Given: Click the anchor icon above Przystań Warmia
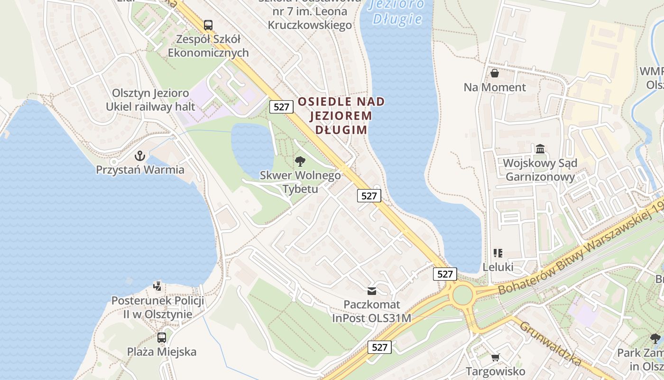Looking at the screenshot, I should (140, 155).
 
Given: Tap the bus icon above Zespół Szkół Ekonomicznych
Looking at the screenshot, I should (208, 25).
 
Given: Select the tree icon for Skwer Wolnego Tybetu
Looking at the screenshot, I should (300, 161).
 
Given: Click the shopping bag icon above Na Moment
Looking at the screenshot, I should (495, 73).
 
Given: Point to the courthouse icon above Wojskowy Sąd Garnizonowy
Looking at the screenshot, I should (540, 149).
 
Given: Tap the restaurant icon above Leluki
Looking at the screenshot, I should (498, 253).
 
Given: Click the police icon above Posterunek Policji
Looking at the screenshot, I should (157, 286).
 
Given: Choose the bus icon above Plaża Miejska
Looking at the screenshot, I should (162, 338).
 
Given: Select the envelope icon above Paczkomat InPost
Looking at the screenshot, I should (372, 291).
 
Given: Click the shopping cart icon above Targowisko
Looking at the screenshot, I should (495, 357).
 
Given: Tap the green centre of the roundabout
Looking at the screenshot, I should (462, 295).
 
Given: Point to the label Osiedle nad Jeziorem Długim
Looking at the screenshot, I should (341, 115).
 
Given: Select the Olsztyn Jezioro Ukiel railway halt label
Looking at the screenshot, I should (150, 100).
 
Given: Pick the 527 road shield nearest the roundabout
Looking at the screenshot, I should (445, 274).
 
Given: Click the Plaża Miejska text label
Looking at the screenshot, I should (162, 352).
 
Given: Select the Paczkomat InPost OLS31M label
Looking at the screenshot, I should (371, 311).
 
